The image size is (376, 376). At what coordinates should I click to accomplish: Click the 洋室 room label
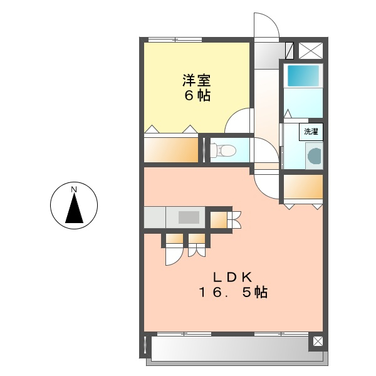(196, 81)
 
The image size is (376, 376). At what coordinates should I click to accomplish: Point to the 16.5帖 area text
(233, 292)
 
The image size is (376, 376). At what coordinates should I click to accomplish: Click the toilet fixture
(222, 150)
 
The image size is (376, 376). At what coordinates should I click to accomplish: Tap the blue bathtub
(303, 76)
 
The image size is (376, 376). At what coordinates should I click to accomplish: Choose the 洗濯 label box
(311, 132)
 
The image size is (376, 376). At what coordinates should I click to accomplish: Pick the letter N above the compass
(74, 189)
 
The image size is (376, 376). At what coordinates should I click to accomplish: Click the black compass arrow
(74, 209)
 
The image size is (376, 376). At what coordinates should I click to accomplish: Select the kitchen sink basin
(187, 217)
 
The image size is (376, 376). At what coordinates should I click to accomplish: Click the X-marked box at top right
(311, 50)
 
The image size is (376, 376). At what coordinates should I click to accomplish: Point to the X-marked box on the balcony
(318, 342)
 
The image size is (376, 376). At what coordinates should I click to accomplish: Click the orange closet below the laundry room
(303, 186)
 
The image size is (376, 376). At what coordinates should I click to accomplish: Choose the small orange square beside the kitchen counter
(217, 220)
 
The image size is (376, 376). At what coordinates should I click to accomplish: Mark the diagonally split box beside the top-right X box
(290, 50)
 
